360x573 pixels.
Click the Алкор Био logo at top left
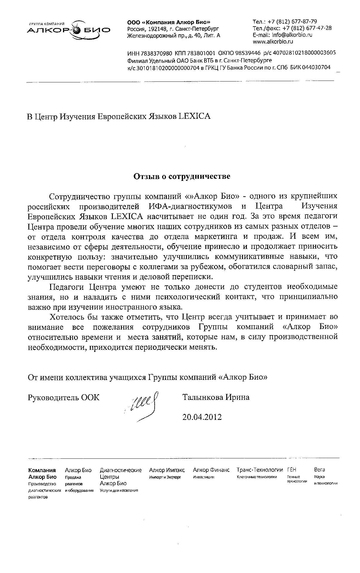pos(68,30)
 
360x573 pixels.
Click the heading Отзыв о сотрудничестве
pos(181,176)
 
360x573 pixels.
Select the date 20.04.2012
pos(202,417)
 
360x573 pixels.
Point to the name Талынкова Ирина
pos(216,397)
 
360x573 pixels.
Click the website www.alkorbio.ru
pos(273,41)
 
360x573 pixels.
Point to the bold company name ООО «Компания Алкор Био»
pos(169,22)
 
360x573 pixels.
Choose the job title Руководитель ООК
pos(64,398)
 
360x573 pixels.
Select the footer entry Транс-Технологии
pos(259,470)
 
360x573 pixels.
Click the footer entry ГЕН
pos(292,470)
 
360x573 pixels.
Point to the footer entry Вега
pos(319,470)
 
